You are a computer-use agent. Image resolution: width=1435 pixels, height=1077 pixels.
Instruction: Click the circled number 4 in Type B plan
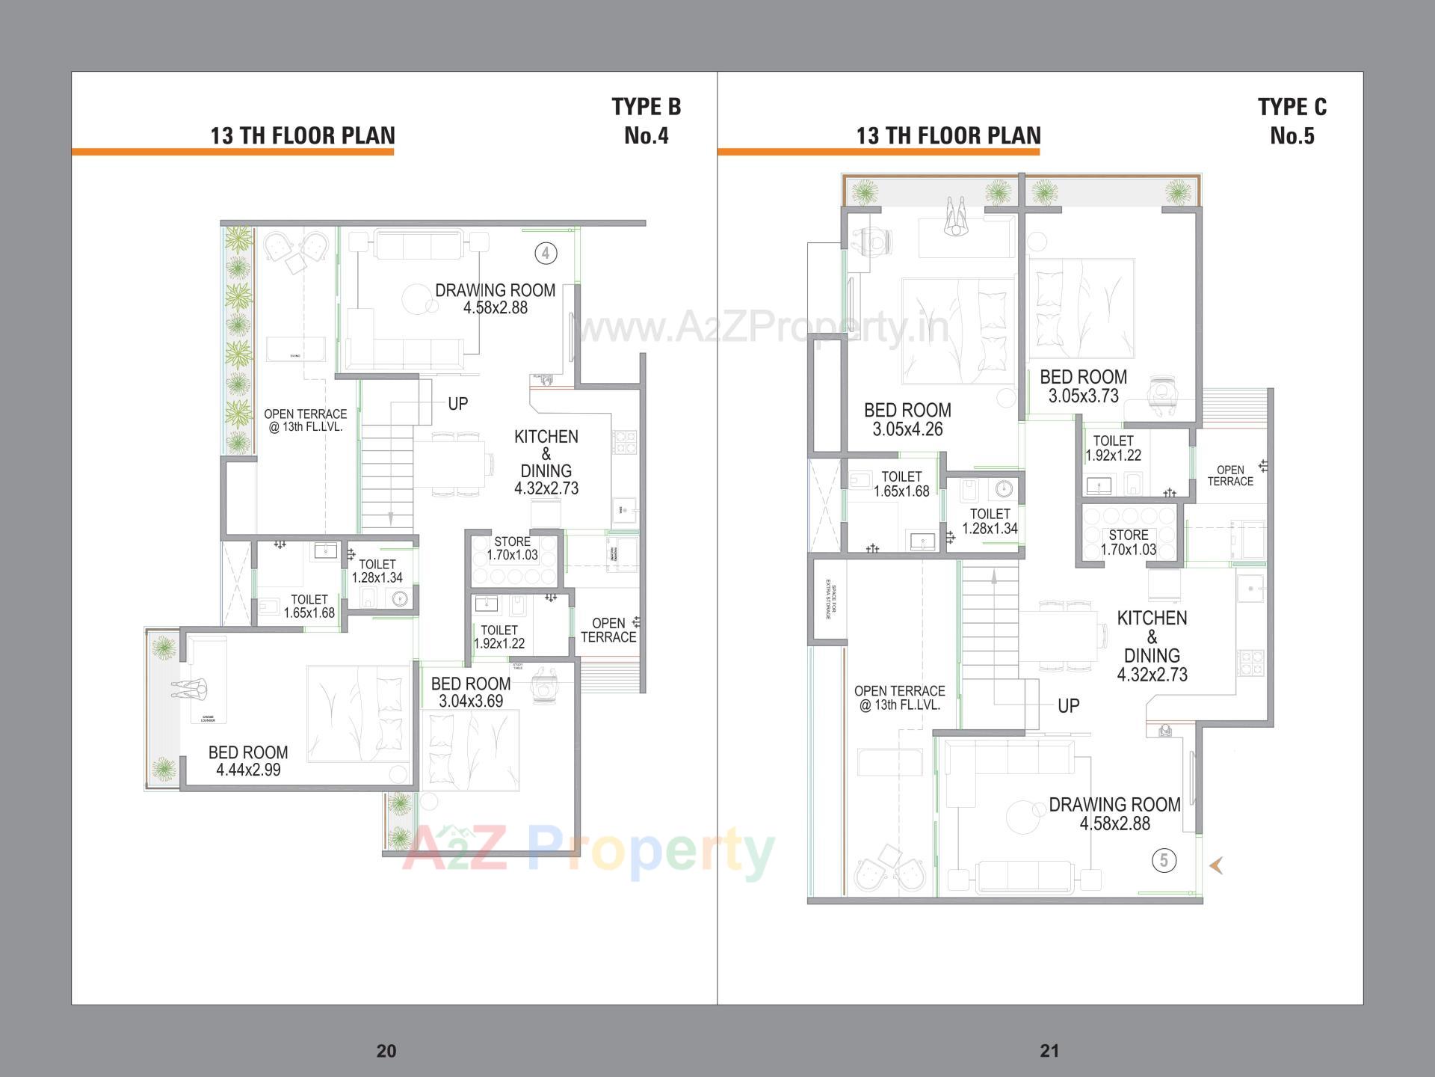coord(546,254)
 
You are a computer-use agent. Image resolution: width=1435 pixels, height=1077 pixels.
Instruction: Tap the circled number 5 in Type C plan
coord(1164,860)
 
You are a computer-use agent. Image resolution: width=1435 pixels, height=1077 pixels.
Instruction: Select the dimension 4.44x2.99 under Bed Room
coord(248,770)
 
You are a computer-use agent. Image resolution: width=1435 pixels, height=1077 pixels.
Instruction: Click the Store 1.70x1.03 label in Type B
coord(512,548)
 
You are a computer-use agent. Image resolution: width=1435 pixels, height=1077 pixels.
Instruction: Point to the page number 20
coord(386,1051)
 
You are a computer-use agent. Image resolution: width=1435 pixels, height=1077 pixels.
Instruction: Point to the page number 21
coord(1049,1051)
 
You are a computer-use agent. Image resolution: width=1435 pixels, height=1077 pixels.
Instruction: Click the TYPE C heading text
coord(1291,107)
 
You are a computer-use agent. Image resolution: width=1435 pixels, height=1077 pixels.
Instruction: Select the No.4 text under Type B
coord(646,136)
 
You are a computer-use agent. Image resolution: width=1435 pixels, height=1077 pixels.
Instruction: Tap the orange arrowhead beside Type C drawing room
coord(1216,865)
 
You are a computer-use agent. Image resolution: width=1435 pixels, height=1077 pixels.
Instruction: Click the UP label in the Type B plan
coord(457,404)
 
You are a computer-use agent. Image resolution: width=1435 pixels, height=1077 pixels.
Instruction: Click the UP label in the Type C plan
coord(1068,705)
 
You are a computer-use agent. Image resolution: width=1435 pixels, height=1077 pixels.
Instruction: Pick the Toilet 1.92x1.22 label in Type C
coord(1113,448)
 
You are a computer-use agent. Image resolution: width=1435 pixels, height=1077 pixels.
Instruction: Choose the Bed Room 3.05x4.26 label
coord(907,420)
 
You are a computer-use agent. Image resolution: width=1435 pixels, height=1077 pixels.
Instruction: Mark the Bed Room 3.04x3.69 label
coord(471,693)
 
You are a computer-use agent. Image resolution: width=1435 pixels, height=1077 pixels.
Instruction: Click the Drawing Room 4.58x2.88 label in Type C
coord(1114,814)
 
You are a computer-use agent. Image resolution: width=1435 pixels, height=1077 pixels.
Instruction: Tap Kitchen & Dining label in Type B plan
coord(546,462)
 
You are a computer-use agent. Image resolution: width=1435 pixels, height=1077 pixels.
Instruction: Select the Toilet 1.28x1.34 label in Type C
coord(990,521)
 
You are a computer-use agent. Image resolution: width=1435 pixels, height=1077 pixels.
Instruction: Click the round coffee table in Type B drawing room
coord(415,300)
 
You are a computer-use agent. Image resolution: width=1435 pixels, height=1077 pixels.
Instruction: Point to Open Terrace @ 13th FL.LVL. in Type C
coord(899,698)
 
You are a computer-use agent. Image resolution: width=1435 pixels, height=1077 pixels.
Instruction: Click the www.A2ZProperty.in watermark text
coord(762,328)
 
